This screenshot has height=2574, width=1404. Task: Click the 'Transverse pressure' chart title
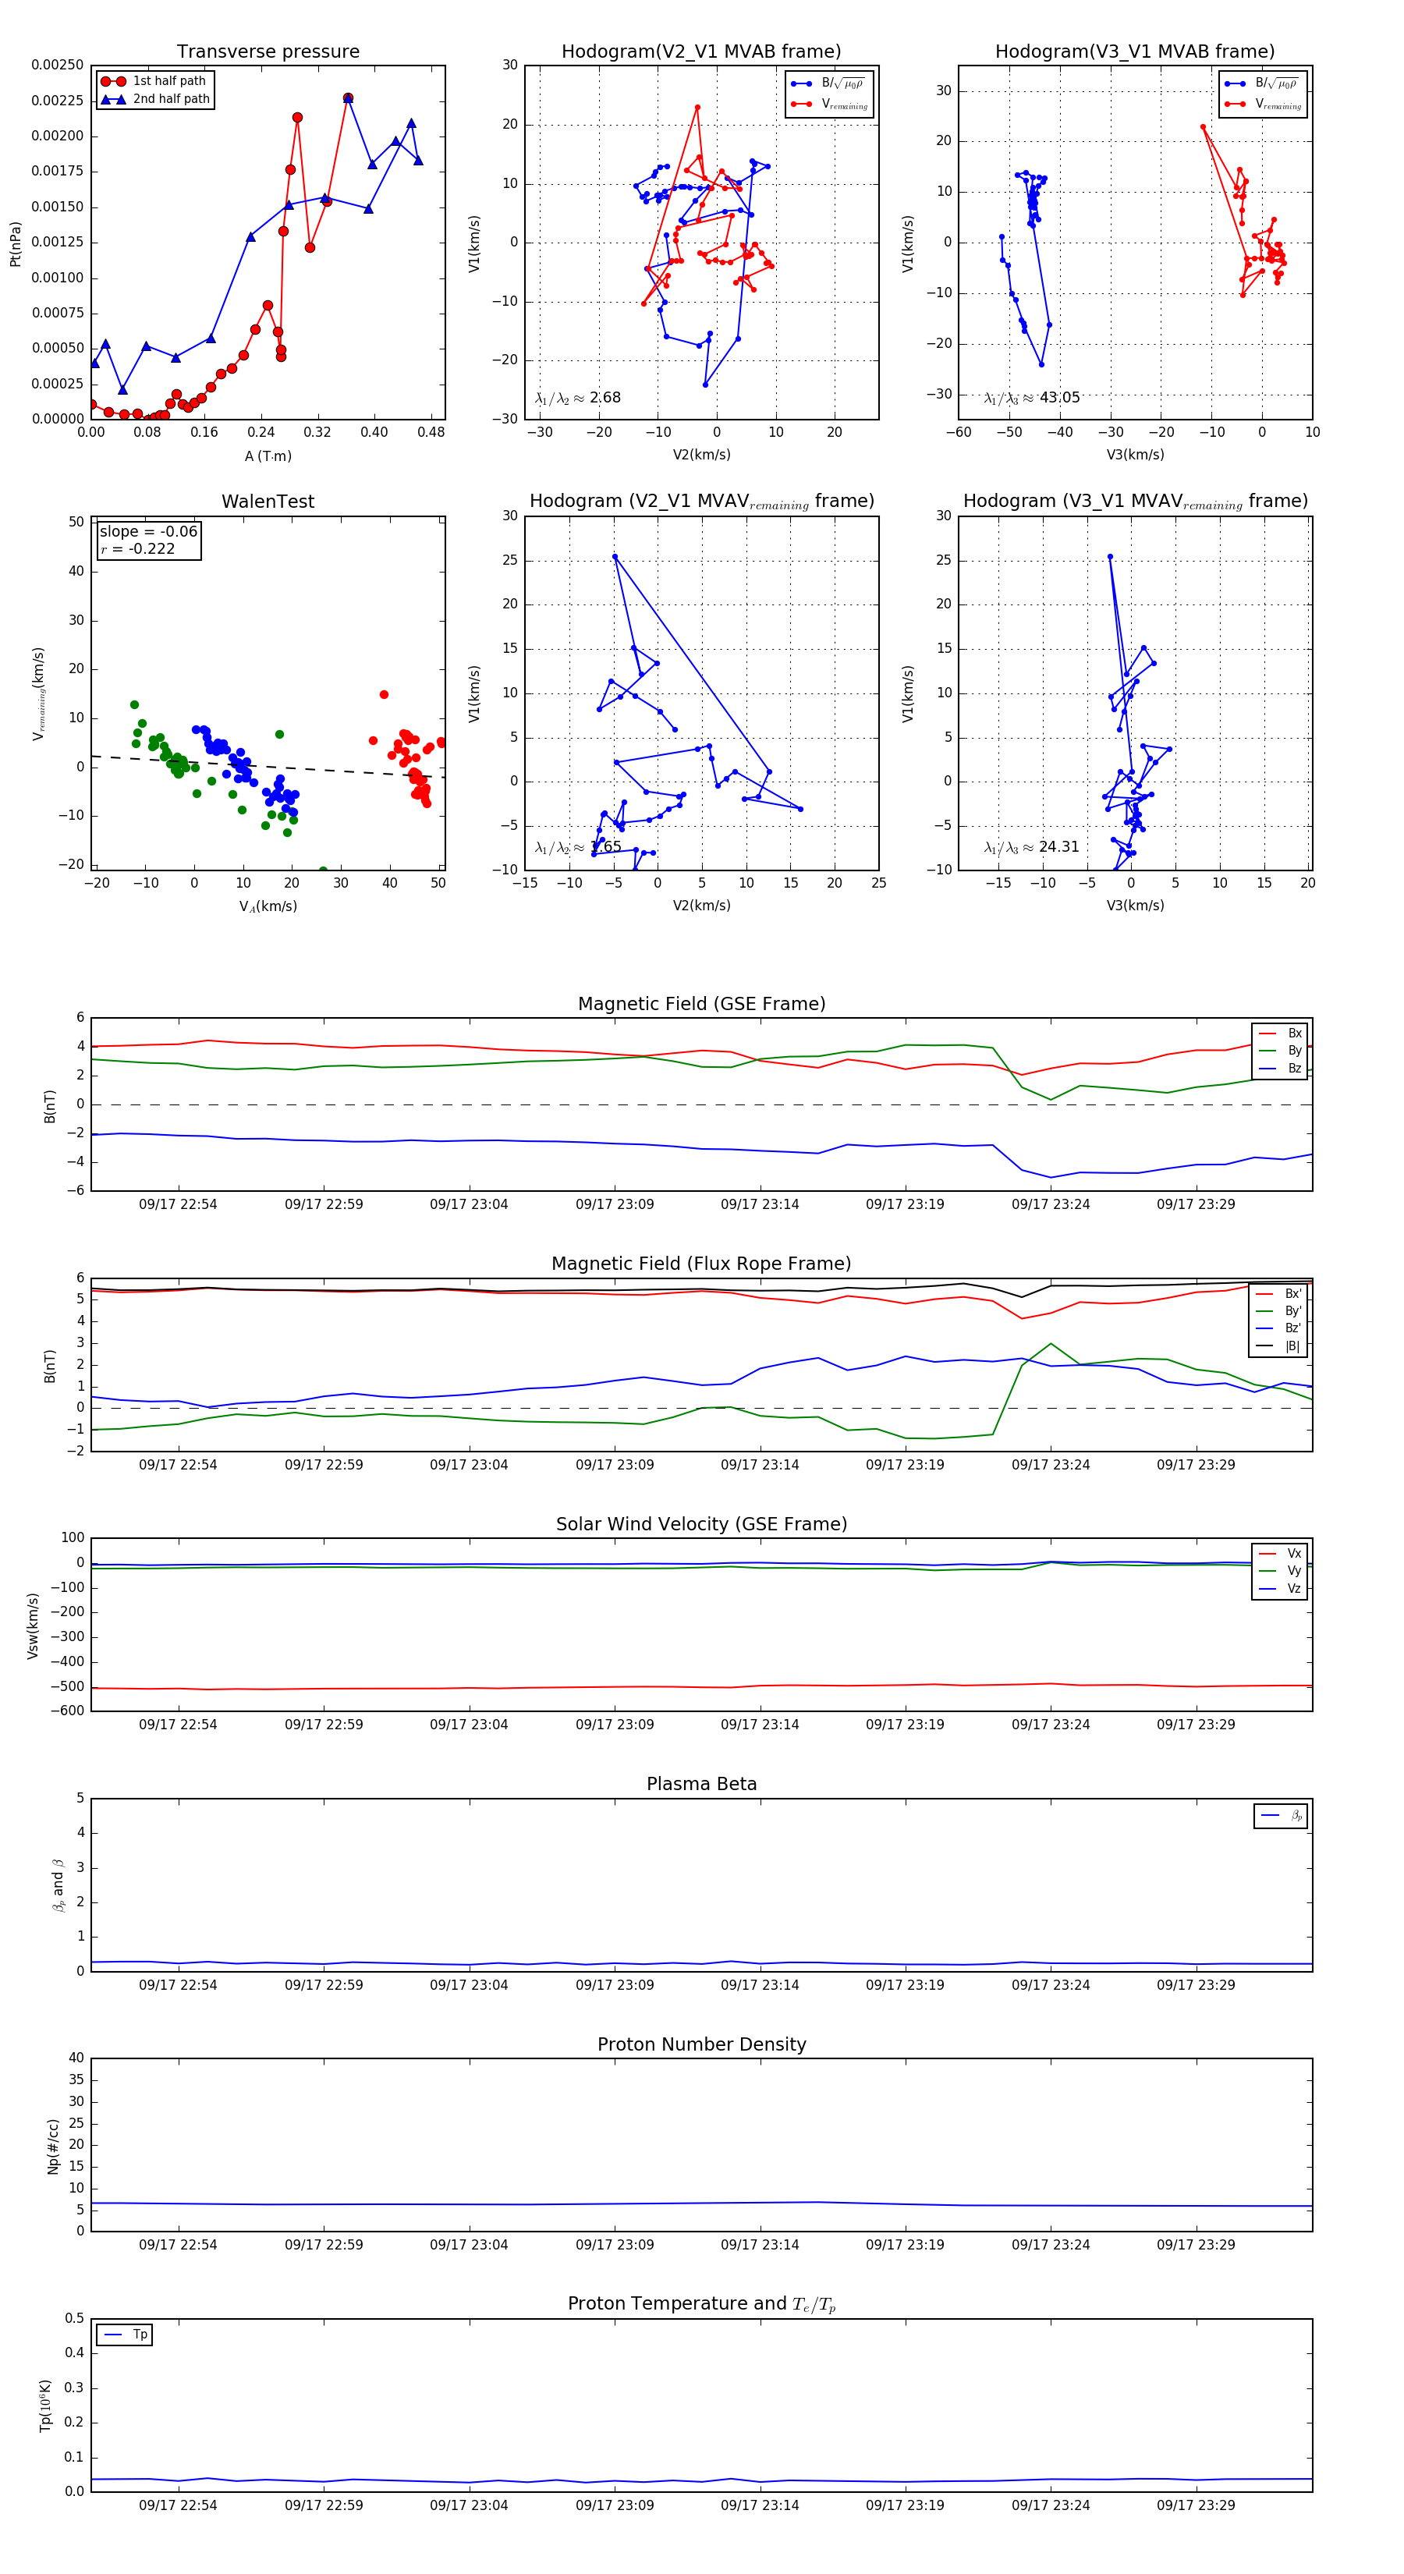268,52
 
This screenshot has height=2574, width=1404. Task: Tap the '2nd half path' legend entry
171,99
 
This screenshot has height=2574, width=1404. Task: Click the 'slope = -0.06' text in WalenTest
148,532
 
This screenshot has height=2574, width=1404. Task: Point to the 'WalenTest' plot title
268,502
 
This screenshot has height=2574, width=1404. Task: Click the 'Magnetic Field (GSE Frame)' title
701,1004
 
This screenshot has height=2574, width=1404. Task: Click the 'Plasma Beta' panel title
701,1785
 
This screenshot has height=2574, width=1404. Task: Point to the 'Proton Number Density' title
701,2044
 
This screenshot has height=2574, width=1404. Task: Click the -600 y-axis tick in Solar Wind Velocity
71,1711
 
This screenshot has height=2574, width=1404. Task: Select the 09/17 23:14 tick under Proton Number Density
760,2244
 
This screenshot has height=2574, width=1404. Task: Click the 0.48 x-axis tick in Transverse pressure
431,433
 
